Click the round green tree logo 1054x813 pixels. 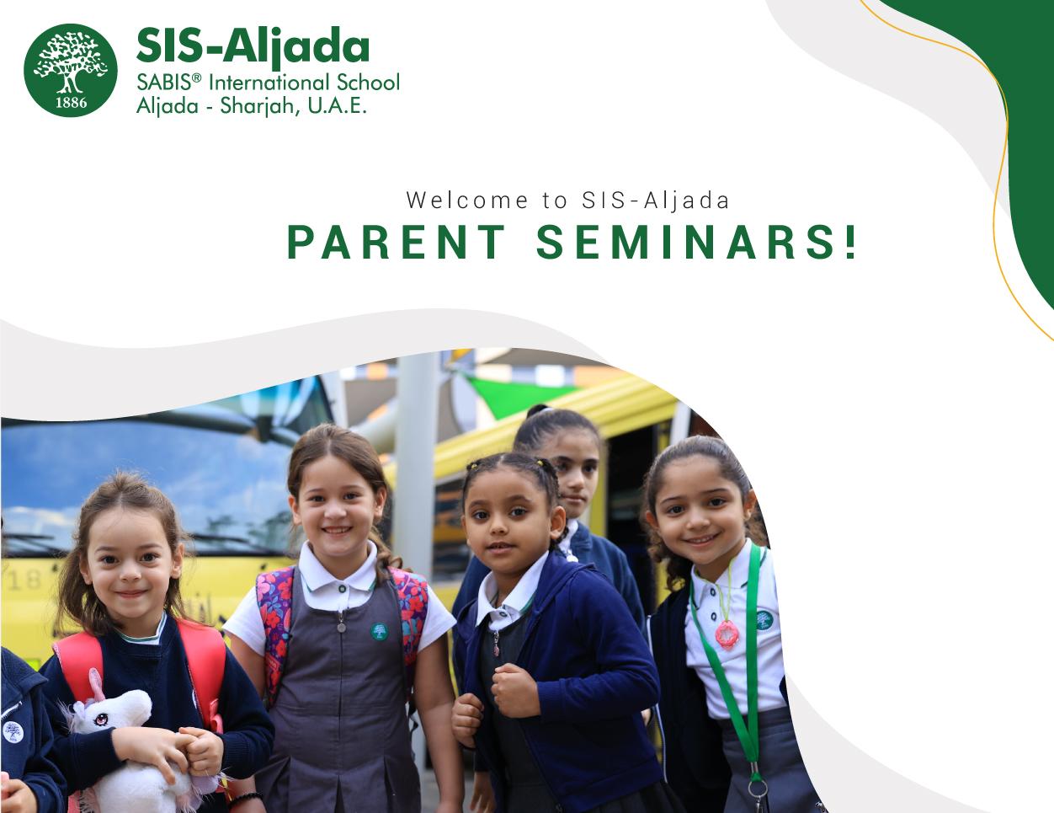pos(71,71)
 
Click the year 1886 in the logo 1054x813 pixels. pos(72,103)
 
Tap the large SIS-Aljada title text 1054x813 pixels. pos(253,47)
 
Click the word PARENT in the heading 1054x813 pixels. pos(396,242)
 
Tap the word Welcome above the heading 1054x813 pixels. pos(467,200)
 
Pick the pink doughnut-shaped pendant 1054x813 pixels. pos(727,634)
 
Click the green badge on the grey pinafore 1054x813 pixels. pos(379,631)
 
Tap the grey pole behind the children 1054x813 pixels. pos(416,461)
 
